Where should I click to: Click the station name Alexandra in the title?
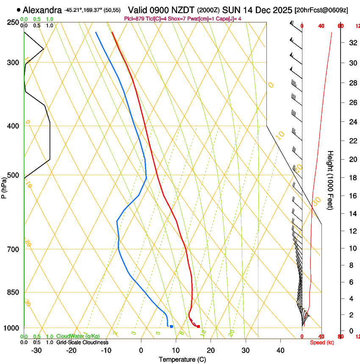click(x=42, y=10)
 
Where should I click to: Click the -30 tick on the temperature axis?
click(x=37, y=350)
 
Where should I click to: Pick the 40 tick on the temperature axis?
click(x=280, y=350)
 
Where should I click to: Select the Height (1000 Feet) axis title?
click(x=330, y=180)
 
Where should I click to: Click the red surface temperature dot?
click(x=198, y=326)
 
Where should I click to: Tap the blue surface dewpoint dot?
click(x=172, y=326)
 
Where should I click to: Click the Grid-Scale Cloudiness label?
click(x=82, y=342)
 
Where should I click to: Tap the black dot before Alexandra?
click(x=19, y=10)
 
